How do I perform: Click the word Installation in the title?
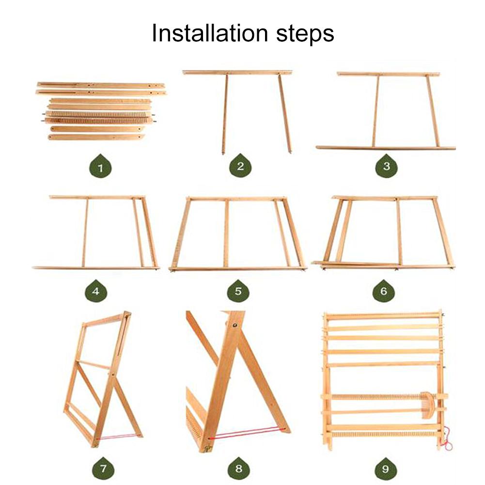pyautogui.click(x=210, y=33)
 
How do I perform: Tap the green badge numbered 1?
pyautogui.click(x=100, y=166)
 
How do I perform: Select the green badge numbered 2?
pyautogui.click(x=240, y=165)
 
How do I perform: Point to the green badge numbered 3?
pyautogui.click(x=387, y=166)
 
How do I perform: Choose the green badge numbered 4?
pyautogui.click(x=96, y=290)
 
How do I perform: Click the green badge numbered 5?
pyautogui.click(x=238, y=290)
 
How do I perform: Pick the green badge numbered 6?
pyautogui.click(x=384, y=290)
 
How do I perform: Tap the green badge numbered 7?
pyautogui.click(x=103, y=468)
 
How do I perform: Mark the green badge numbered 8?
pyautogui.click(x=238, y=468)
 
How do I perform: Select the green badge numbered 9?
pyautogui.click(x=385, y=468)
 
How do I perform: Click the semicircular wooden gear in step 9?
pyautogui.click(x=428, y=405)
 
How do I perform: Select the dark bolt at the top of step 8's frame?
pyautogui.click(x=235, y=325)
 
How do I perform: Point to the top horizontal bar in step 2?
pyautogui.click(x=237, y=72)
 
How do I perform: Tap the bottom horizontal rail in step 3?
pyautogui.click(x=386, y=148)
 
